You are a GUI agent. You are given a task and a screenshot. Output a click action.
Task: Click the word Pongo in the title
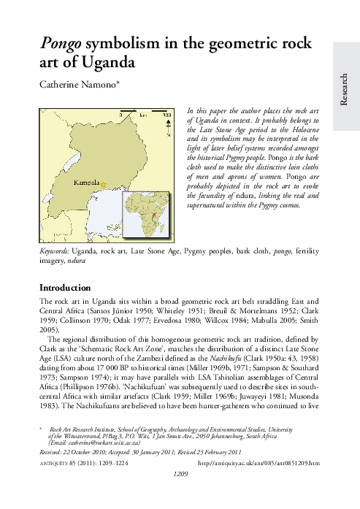tap(63, 45)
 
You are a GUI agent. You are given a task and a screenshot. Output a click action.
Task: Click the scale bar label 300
tap(166, 115)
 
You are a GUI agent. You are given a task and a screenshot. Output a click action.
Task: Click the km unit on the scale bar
tap(144, 115)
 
